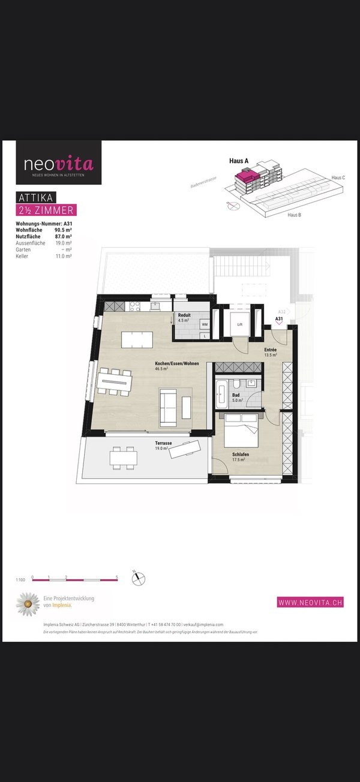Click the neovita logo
point(58,163)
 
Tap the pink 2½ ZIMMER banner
point(46,210)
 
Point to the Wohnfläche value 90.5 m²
point(63,230)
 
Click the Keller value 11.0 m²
point(63,256)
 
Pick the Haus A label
point(239,161)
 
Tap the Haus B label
point(294,214)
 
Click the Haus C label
point(338,178)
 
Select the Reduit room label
point(184,314)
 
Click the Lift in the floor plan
point(239,324)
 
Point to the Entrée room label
point(271,349)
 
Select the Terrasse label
point(163,443)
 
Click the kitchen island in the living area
point(137,340)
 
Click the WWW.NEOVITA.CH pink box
point(310,601)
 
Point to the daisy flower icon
point(28,604)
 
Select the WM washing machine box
point(205,324)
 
